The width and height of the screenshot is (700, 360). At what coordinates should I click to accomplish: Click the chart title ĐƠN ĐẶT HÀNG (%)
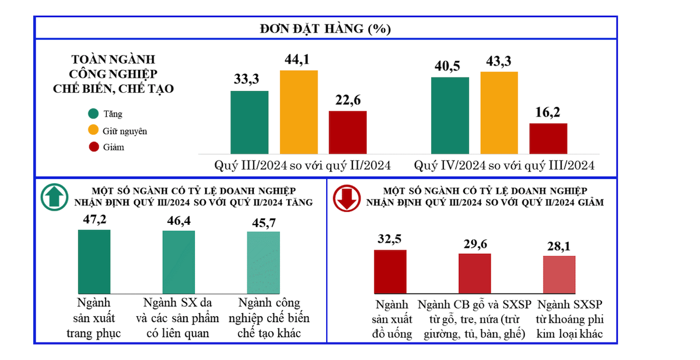325,28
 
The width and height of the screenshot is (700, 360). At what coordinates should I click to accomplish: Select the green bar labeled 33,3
250,122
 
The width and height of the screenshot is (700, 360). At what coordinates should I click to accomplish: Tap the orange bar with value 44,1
299,111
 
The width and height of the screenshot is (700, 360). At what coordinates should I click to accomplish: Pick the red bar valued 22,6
348,132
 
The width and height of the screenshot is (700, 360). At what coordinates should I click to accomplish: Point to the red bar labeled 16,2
548,138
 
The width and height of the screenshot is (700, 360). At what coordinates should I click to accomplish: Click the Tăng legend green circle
93,114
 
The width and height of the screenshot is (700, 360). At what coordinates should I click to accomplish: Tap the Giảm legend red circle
93,147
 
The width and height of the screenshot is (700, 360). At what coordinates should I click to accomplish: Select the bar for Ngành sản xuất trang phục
94,261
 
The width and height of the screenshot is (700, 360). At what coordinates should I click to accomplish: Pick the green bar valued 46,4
178,262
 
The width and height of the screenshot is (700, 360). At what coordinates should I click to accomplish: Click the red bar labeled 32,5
390,271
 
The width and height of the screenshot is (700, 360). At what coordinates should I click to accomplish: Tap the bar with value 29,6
475,273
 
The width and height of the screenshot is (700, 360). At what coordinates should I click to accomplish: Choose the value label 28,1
559,246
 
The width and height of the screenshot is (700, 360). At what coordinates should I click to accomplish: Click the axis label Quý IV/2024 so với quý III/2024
504,166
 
